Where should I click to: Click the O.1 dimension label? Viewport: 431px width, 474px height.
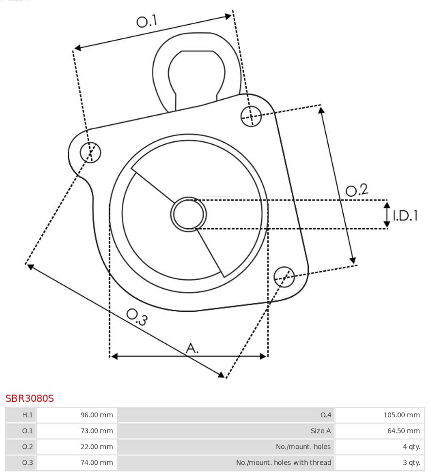tap(147, 21)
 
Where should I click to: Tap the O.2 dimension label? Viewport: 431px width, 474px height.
tap(357, 190)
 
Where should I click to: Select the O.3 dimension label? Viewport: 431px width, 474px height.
tap(137, 317)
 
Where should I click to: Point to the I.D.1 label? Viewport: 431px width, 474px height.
tap(405, 215)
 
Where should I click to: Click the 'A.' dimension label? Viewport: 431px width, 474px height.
tap(192, 348)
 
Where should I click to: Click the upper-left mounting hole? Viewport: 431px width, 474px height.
tap(91, 153)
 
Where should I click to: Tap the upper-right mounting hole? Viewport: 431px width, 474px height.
tap(251, 116)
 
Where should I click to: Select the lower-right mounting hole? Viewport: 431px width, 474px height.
tap(284, 276)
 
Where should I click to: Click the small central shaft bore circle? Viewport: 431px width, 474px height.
tap(189, 214)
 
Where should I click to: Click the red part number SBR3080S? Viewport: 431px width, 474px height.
tap(30, 398)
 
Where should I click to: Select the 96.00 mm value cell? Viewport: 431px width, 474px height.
tap(77, 415)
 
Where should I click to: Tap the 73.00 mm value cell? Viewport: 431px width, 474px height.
tap(77, 431)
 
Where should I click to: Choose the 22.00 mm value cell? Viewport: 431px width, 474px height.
tap(77, 447)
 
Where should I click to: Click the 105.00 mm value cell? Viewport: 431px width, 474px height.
tap(379, 415)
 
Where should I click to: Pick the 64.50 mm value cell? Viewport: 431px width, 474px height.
tap(379, 431)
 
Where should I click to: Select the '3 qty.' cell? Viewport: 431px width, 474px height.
tap(379, 462)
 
